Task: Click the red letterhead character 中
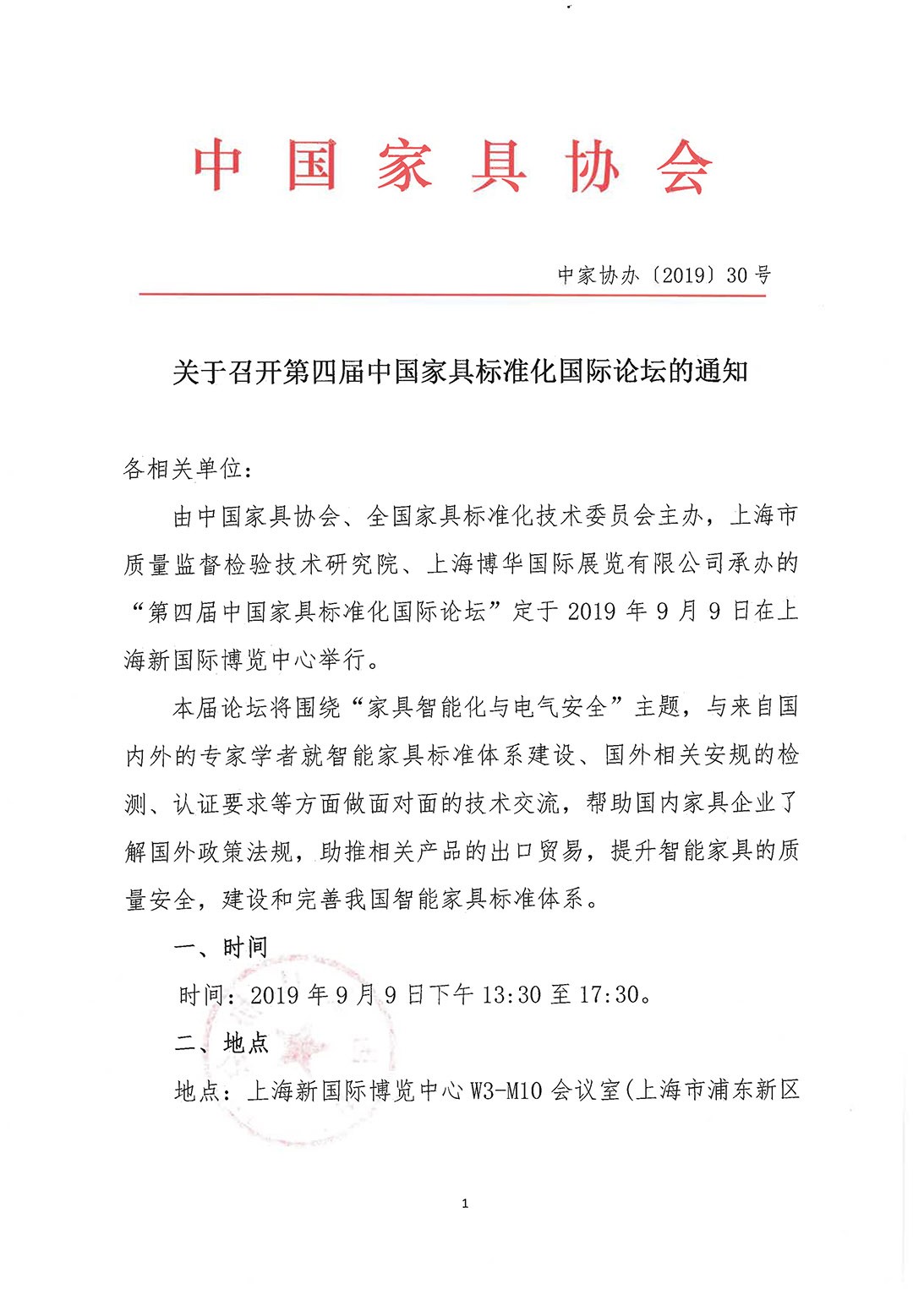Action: pyautogui.click(x=218, y=165)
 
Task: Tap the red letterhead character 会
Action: pyautogui.click(x=685, y=166)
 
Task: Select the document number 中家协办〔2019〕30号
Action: pyautogui.click(x=664, y=275)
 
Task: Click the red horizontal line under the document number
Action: pyautogui.click(x=452, y=295)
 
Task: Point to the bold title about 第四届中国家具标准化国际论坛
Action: pyautogui.click(x=460, y=372)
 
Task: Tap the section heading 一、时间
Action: pyautogui.click(x=221, y=948)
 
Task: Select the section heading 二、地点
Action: pyautogui.click(x=221, y=1044)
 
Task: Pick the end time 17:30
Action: pyautogui.click(x=609, y=995)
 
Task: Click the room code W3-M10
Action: pyautogui.click(x=506, y=1091)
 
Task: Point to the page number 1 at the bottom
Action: pyautogui.click(x=465, y=1204)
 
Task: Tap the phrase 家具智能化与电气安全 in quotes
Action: pyautogui.click(x=487, y=707)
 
